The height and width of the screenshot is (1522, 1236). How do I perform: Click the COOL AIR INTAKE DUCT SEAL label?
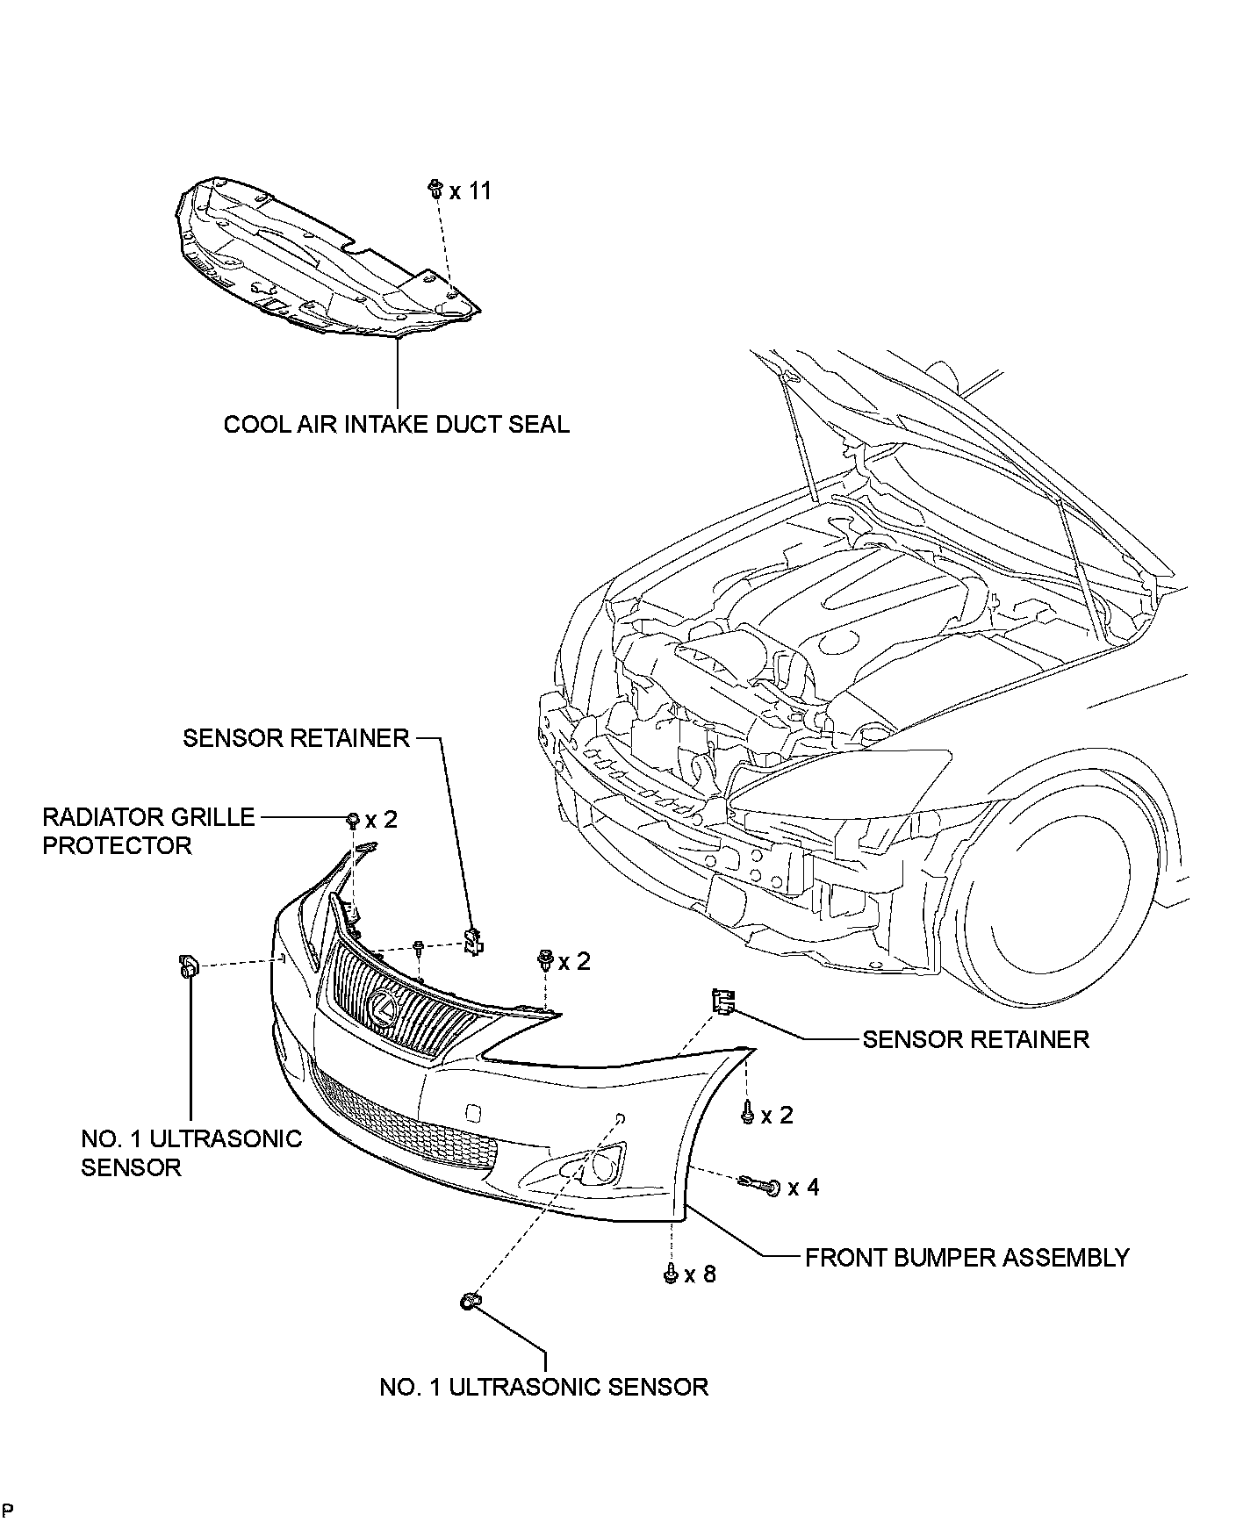click(396, 424)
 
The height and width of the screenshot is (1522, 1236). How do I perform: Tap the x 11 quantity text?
click(471, 190)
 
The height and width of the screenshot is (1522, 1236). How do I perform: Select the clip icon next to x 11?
click(435, 188)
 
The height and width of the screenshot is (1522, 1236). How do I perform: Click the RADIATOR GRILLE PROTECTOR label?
click(148, 831)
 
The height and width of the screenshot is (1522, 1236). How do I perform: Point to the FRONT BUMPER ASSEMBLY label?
click(967, 1258)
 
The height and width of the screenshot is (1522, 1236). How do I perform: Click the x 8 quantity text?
click(701, 1274)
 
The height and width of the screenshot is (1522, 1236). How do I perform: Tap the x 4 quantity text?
click(804, 1188)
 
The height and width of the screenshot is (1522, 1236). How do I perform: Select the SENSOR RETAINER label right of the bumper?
click(975, 1039)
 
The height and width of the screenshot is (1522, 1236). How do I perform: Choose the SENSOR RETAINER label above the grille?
click(296, 737)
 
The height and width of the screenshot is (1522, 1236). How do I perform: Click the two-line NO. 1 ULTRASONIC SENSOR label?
click(191, 1152)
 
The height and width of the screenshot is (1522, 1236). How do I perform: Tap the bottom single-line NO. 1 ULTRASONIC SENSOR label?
click(544, 1387)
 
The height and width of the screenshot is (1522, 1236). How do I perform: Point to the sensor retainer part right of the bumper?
click(722, 1002)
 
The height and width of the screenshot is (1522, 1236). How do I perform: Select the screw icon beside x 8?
click(671, 1273)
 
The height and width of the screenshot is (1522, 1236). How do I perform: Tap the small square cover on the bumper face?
click(472, 1112)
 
